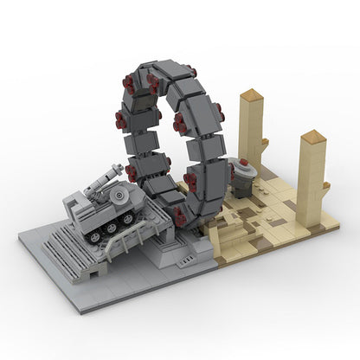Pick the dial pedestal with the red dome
point(243,178)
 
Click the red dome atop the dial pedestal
point(243,163)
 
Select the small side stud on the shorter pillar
point(325,185)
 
